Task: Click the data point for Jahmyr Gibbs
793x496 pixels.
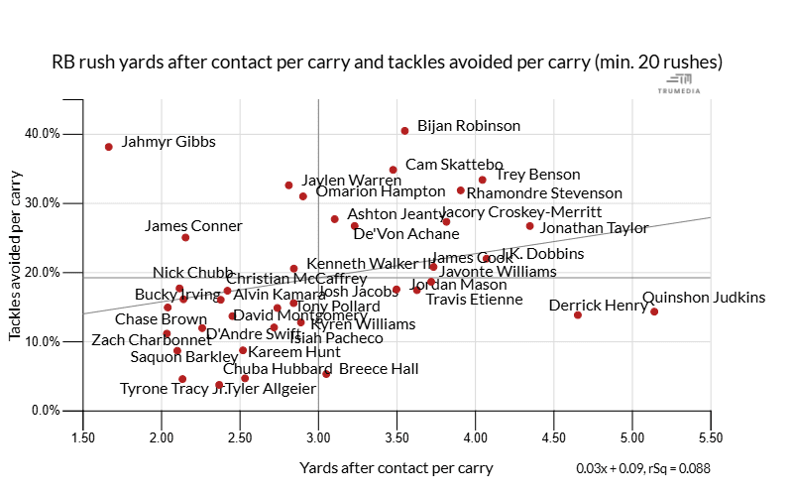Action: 108,147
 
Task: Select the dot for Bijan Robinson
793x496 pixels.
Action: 404,131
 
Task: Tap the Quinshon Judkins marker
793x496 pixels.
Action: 654,311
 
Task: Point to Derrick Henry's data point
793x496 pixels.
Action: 578,314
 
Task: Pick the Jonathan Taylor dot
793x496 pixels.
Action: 529,226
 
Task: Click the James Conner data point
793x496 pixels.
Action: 185,237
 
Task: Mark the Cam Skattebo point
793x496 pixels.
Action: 393,170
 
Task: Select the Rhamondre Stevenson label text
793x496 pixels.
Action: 544,193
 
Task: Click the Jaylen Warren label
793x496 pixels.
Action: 337,181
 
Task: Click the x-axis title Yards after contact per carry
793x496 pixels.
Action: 396,468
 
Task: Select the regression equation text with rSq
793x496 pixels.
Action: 642,468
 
